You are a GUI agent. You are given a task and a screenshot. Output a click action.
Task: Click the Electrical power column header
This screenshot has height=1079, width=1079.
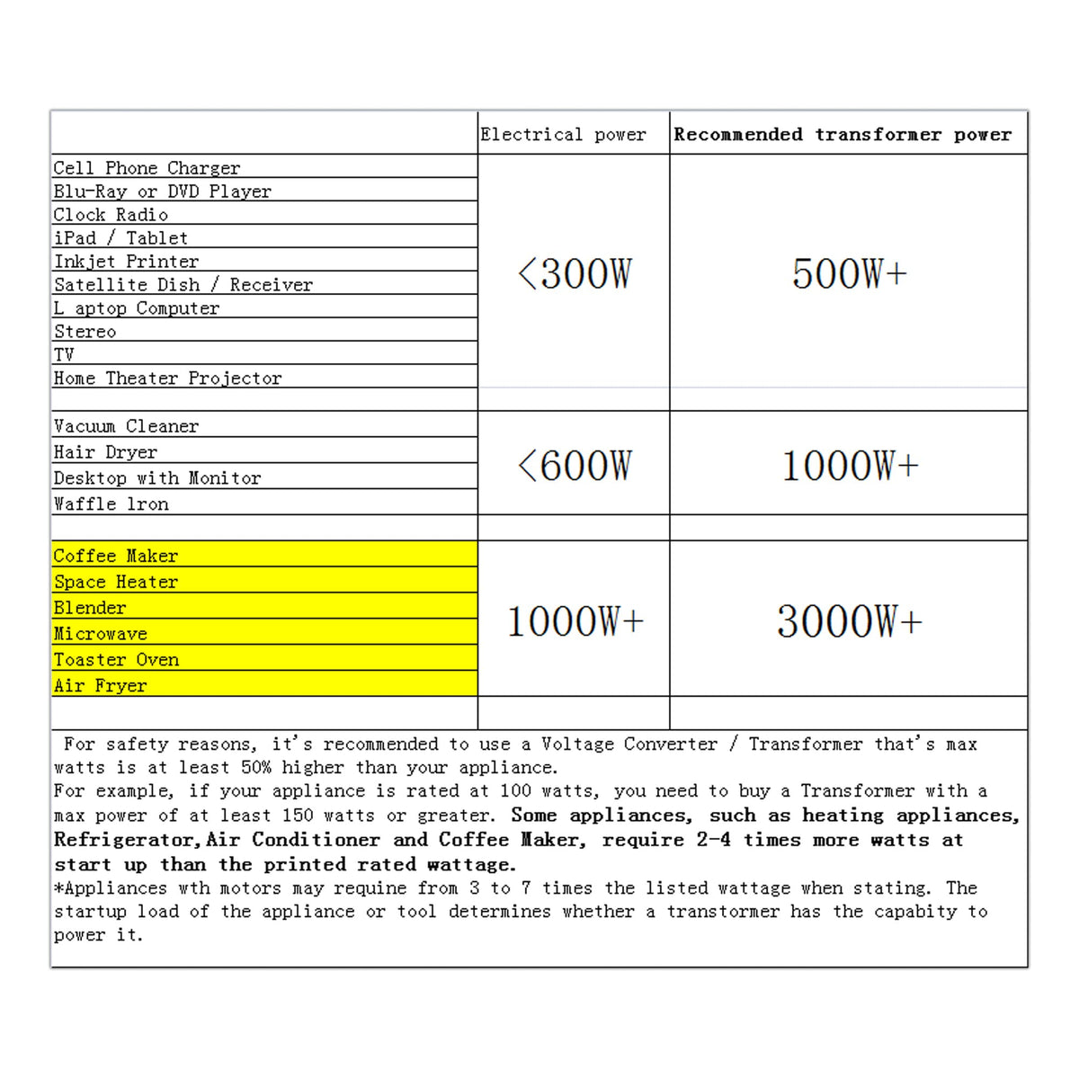pyautogui.click(x=563, y=135)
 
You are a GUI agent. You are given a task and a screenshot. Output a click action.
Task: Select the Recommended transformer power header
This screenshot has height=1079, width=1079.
pyautogui.click(x=843, y=135)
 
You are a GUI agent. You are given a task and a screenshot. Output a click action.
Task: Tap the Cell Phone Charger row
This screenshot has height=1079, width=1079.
pyautogui.click(x=147, y=168)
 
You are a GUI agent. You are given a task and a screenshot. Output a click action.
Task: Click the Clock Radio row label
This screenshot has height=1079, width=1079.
pyautogui.click(x=111, y=215)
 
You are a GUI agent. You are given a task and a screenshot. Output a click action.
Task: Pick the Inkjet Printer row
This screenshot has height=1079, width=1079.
pyautogui.click(x=127, y=262)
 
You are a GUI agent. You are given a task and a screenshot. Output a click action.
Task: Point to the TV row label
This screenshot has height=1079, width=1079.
pyautogui.click(x=64, y=354)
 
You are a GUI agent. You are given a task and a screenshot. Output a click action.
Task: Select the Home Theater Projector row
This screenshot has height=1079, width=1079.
pyautogui.click(x=167, y=379)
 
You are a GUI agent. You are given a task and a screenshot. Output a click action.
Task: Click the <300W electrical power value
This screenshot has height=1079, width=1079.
pyautogui.click(x=575, y=273)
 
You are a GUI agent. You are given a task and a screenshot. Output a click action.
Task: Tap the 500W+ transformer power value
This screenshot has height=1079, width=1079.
pyautogui.click(x=849, y=273)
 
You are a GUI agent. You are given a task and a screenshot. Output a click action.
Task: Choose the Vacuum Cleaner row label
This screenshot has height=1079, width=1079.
pyautogui.click(x=126, y=426)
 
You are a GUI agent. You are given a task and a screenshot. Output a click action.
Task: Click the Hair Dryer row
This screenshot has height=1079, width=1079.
pyautogui.click(x=105, y=452)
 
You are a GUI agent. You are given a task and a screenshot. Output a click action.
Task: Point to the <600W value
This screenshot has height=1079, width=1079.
pyautogui.click(x=575, y=465)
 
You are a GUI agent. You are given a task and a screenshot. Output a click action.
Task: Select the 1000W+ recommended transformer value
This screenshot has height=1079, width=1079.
pyautogui.click(x=849, y=465)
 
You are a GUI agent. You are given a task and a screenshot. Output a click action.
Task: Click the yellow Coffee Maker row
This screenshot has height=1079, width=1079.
pyautogui.click(x=116, y=556)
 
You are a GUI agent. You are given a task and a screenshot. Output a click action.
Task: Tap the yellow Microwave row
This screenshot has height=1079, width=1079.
pyautogui.click(x=101, y=634)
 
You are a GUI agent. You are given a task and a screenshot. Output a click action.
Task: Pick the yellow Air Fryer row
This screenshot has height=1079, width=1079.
pyautogui.click(x=100, y=686)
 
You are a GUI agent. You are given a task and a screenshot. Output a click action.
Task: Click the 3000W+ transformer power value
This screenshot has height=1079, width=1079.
pyautogui.click(x=849, y=621)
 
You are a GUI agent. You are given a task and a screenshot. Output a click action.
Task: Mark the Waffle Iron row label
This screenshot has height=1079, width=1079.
pyautogui.click(x=111, y=504)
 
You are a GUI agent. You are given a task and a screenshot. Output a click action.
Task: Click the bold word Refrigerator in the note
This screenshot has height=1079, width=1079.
pyautogui.click(x=125, y=840)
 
